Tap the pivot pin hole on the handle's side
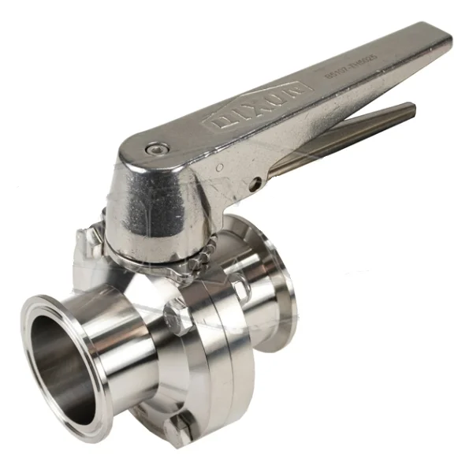pyautogui.click(x=255, y=183)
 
